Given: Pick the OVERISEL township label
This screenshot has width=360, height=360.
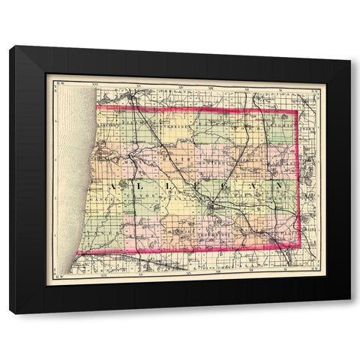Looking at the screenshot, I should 177,120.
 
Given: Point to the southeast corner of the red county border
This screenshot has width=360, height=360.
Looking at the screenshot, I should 301,247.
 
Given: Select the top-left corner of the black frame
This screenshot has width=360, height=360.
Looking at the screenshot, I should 10,47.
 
